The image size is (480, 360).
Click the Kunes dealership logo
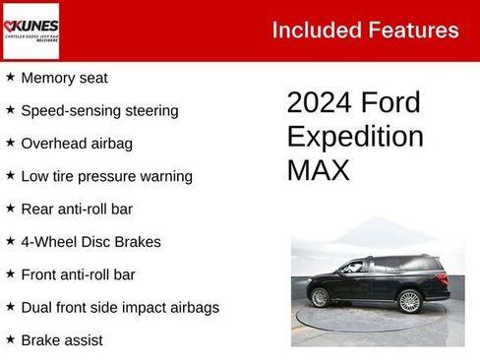(x=31, y=30)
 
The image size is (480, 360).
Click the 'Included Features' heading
(x=365, y=30)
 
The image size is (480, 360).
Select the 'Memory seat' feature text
(x=64, y=78)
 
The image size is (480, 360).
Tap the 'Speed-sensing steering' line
(x=99, y=110)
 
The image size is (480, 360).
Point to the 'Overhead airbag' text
(x=77, y=144)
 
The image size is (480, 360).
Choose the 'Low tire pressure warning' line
(x=106, y=176)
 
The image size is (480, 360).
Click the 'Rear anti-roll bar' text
(x=77, y=209)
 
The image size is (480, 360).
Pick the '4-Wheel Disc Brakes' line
(x=90, y=242)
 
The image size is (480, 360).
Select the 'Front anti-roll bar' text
(x=78, y=274)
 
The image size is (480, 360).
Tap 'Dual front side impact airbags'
(x=120, y=308)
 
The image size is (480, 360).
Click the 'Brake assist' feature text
(x=62, y=340)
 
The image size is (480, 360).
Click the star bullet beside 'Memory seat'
(x=10, y=77)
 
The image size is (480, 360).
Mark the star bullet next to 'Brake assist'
(x=10, y=339)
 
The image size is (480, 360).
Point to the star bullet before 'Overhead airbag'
(x=10, y=143)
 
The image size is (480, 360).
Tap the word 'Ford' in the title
(x=391, y=103)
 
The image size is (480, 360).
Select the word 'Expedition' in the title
(x=355, y=137)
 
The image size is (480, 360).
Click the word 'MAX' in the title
(x=318, y=170)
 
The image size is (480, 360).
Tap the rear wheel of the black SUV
(x=409, y=301)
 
